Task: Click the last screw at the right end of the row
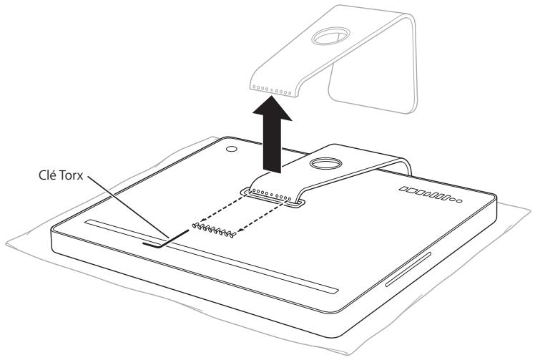click(x=234, y=234)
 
